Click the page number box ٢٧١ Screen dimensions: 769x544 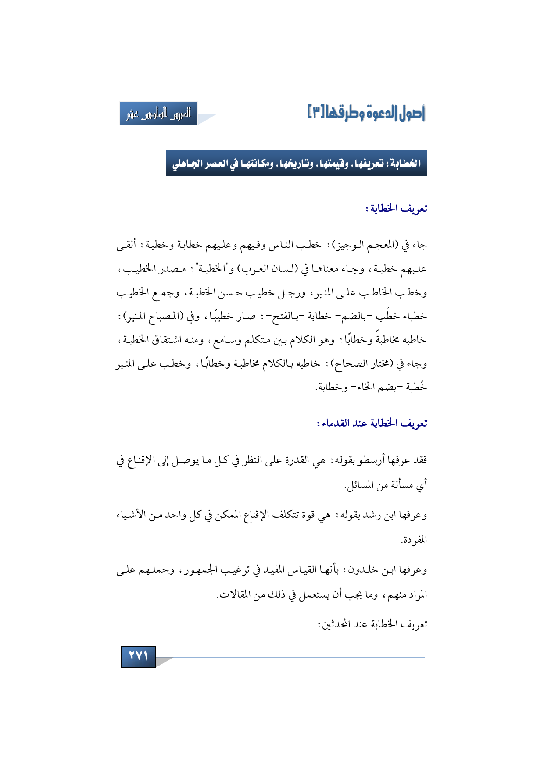(x=138, y=656)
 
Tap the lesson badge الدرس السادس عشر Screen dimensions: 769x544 (x=158, y=114)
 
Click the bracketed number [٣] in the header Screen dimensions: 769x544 (x=315, y=113)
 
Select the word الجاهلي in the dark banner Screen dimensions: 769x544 (x=187, y=164)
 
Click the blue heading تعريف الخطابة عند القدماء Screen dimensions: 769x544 (x=372, y=424)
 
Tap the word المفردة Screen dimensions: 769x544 (x=413, y=540)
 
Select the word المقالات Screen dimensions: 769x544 (x=233, y=595)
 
